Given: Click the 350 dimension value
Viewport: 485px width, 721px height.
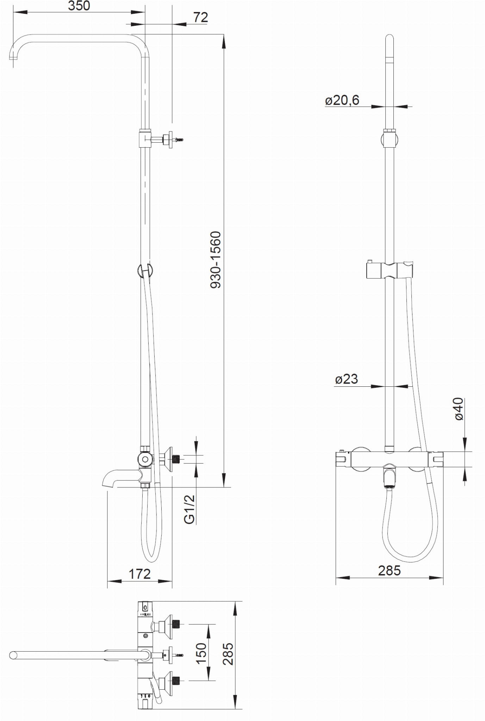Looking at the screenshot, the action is pos(79,6).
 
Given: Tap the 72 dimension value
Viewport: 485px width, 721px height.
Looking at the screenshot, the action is pos(201,17).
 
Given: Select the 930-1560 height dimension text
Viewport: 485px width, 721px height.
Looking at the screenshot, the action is pos(215,260).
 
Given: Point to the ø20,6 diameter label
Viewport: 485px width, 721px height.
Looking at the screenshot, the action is pos(342,100).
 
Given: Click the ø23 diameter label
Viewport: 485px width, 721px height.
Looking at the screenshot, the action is pos(347,379).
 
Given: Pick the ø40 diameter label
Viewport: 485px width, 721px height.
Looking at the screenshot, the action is pos(459,409).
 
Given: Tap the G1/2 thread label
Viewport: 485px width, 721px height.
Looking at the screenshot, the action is pos(189,509).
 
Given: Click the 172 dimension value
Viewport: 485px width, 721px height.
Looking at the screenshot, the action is pos(139,574).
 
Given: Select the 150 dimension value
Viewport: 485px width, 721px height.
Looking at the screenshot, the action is pos(201,653).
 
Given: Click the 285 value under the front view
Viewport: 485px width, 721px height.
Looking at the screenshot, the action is pos(390,571).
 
